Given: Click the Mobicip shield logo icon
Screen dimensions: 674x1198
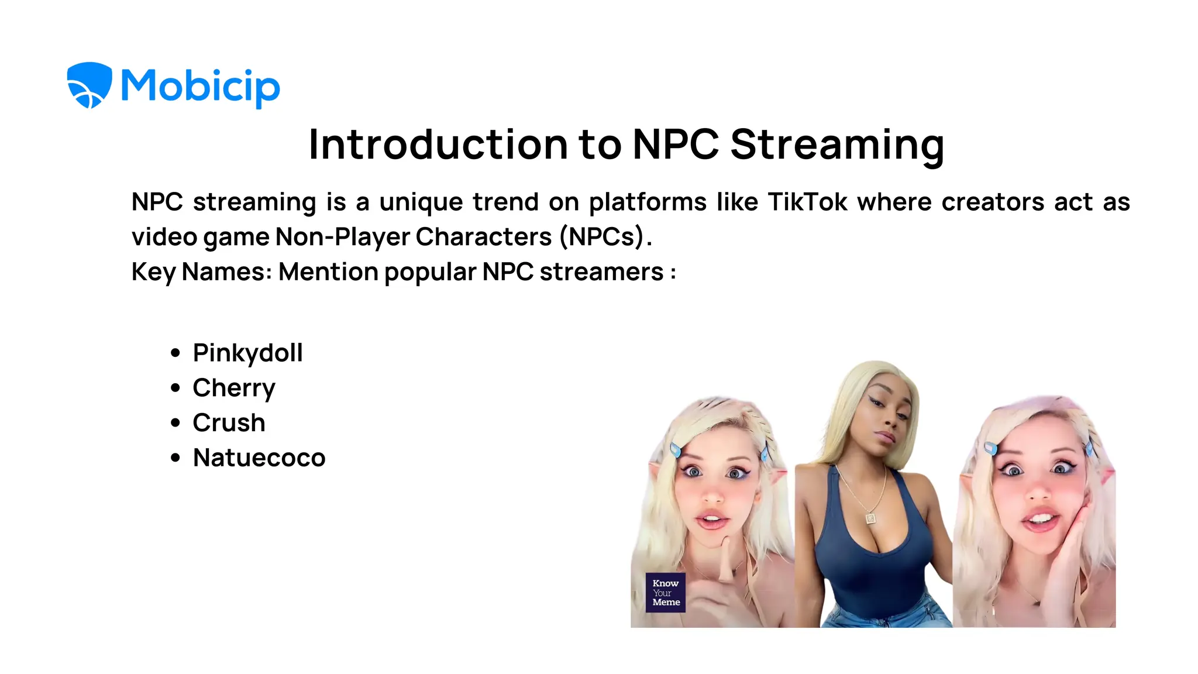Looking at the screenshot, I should coord(89,85).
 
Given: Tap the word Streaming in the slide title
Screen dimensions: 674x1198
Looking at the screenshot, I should coord(837,145).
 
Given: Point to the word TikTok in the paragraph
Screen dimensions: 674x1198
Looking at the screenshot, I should coord(807,202).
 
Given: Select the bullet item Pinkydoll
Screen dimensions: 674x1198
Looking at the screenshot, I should coord(247,353).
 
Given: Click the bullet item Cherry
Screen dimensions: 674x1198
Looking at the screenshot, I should coord(234,388).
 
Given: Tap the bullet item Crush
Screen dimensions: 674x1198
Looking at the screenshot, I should coord(229,423).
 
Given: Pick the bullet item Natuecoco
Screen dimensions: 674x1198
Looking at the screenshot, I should coord(259,458).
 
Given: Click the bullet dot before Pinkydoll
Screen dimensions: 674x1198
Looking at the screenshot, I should coord(175,353).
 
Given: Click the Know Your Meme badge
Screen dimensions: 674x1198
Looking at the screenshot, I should coord(666,593).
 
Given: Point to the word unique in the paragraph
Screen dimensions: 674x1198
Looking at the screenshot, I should coord(421,202).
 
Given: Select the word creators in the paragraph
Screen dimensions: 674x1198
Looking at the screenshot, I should coord(993,202).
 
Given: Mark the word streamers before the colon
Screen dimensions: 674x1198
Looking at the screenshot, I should coord(601,272).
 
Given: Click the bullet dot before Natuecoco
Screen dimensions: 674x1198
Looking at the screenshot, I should coord(175,458).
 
